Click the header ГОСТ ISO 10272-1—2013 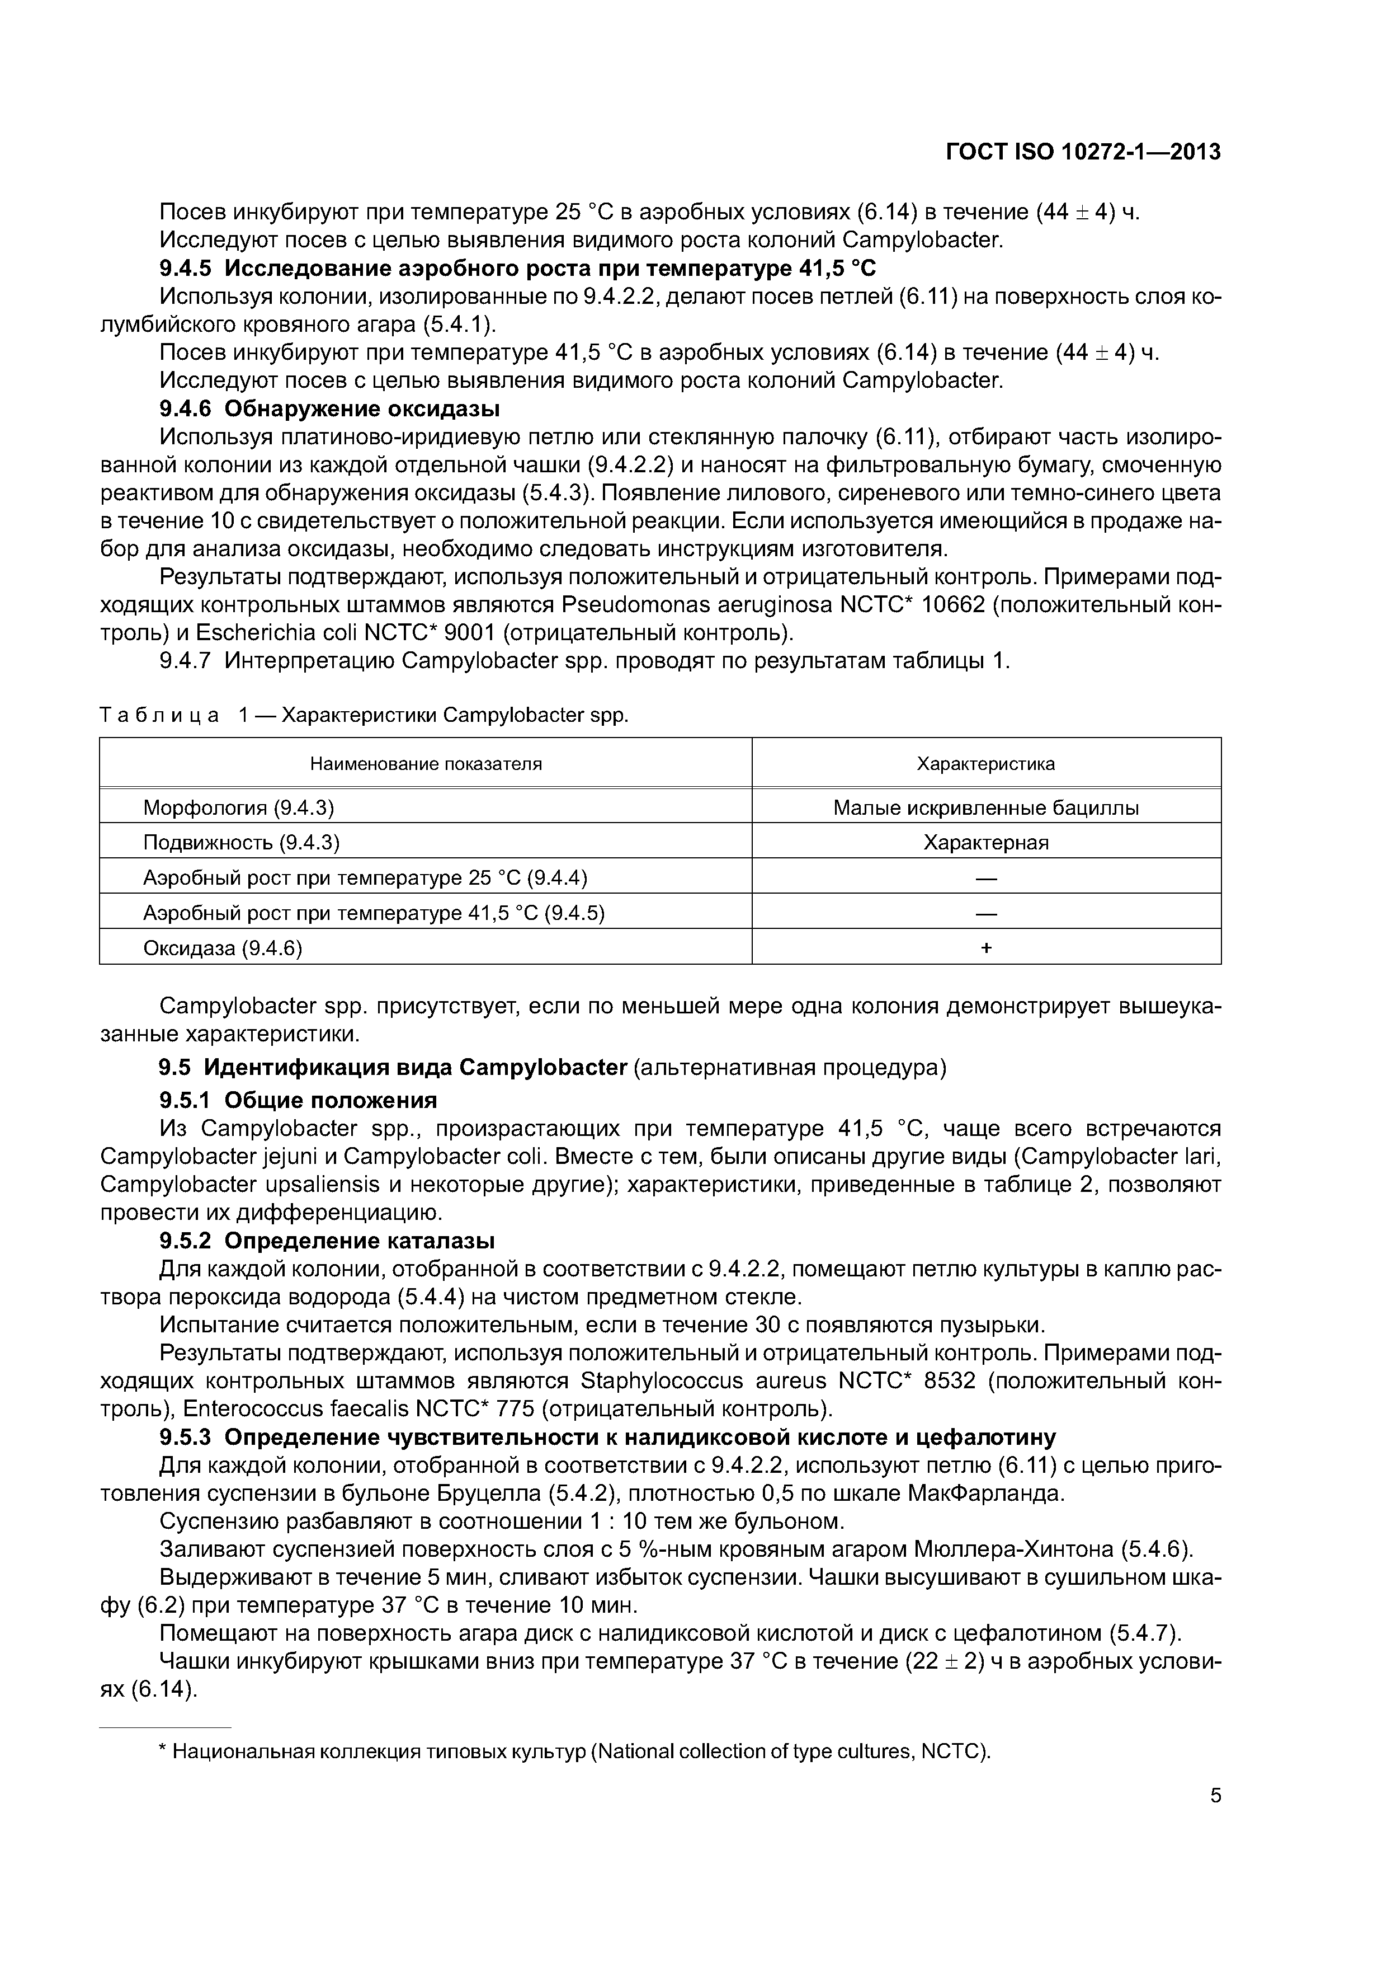coord(1083,152)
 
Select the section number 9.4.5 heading coord(186,269)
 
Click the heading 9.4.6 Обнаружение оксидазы coord(330,408)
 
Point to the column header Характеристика coord(985,763)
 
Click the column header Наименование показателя coord(426,763)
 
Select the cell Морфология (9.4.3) coord(238,807)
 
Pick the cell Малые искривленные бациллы coord(985,807)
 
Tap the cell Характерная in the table coord(985,842)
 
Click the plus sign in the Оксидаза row coord(986,947)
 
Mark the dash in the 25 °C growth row coord(986,878)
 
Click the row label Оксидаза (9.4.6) coord(223,947)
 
